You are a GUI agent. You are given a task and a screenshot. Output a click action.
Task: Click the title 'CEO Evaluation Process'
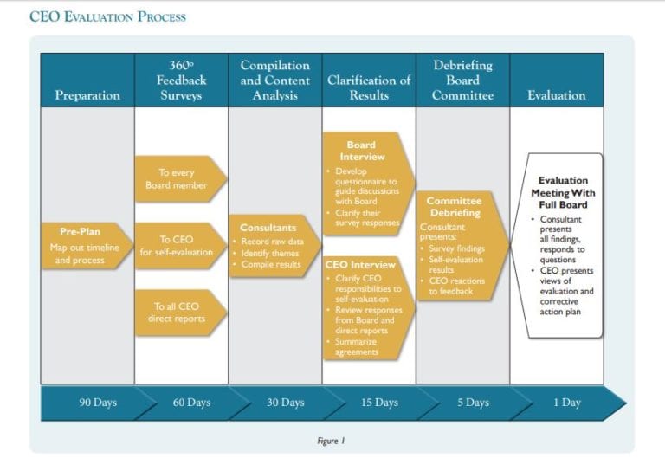107,17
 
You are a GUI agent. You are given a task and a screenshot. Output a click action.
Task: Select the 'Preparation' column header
87,95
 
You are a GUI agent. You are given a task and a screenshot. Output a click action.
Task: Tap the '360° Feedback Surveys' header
181,81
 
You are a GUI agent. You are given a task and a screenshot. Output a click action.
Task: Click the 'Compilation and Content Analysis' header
274,81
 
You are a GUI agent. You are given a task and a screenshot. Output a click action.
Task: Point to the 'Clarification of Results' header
369,87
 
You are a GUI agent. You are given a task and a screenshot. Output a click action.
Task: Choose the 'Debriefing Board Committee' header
462,81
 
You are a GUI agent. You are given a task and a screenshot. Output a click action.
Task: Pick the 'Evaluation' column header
556,95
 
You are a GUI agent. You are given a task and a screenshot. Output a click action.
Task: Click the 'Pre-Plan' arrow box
84,246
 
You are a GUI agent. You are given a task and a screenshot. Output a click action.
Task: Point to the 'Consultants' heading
268,228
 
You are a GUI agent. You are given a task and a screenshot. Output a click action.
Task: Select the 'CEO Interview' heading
360,264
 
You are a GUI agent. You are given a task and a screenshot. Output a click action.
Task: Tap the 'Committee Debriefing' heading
454,207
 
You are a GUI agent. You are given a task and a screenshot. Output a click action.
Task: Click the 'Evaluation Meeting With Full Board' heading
563,193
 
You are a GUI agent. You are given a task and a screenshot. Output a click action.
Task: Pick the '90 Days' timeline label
98,403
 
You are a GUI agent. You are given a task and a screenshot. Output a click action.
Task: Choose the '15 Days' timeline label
379,403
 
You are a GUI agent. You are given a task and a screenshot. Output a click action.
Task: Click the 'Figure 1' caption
332,440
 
